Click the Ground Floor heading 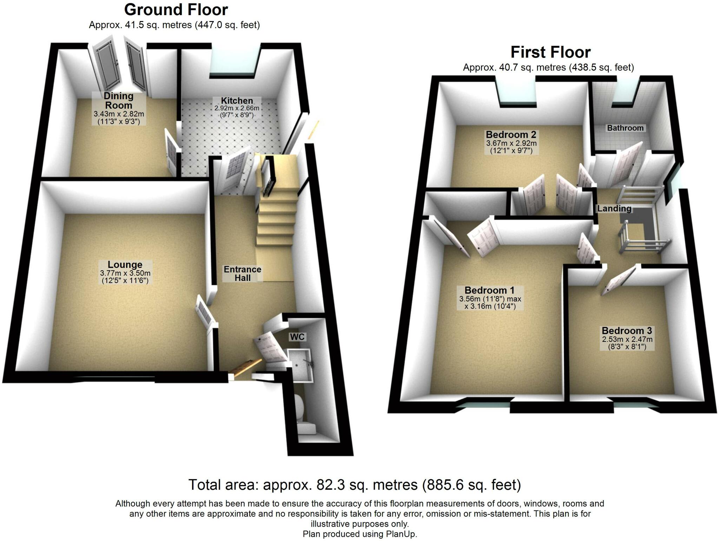(176, 10)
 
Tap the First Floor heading (550, 52)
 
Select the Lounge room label (125, 265)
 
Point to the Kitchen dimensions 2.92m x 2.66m (237, 109)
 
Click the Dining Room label (119, 101)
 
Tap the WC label (297, 337)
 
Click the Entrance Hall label (242, 274)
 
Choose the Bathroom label (625, 128)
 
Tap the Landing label (614, 209)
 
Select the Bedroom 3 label (627, 331)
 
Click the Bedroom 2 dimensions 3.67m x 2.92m (511, 143)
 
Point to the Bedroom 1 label (489, 290)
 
